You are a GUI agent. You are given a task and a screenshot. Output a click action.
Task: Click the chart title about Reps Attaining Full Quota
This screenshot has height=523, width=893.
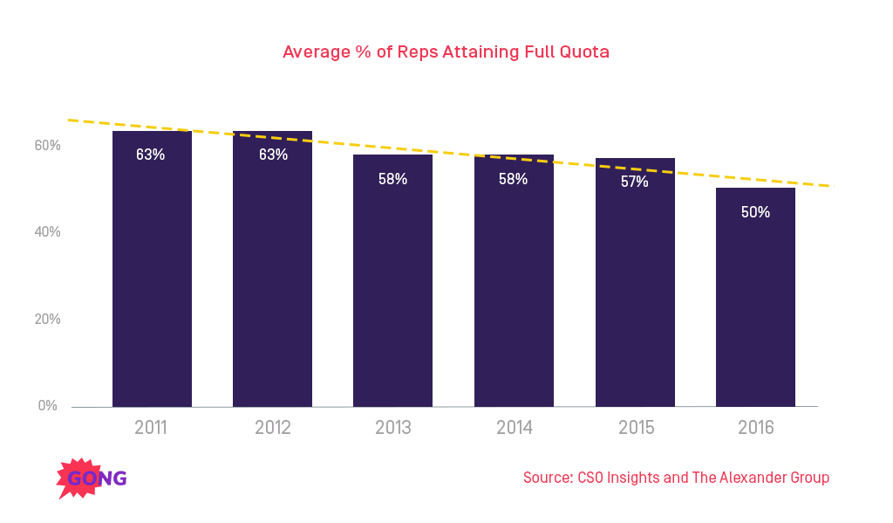(x=446, y=52)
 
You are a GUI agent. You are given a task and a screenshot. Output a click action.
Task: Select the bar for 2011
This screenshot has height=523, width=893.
(x=152, y=279)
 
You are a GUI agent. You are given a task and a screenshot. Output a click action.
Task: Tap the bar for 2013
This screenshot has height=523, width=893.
(x=392, y=288)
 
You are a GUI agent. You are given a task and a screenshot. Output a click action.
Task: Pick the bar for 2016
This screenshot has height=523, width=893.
(x=755, y=306)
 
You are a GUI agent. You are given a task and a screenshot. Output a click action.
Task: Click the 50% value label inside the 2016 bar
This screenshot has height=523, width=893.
(x=755, y=212)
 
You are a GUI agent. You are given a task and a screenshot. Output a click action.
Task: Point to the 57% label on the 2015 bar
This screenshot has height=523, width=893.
(x=634, y=182)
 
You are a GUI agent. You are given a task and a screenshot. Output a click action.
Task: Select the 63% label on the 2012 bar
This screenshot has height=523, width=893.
(x=272, y=155)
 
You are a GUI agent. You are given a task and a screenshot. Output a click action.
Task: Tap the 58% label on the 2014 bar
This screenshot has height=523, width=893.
(x=513, y=179)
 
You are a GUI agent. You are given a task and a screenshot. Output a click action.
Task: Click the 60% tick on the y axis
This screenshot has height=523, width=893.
(x=47, y=145)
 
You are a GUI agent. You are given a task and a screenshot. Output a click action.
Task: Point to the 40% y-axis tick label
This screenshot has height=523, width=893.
(x=47, y=232)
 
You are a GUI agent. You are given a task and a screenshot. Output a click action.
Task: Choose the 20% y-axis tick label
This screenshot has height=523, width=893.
(x=47, y=320)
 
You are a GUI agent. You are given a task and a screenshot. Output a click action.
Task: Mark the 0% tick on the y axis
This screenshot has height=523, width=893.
(x=47, y=406)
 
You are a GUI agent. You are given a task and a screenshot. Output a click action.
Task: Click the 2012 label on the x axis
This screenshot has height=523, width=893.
(x=272, y=429)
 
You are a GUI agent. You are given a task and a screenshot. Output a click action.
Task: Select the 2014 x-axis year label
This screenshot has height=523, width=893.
(x=514, y=429)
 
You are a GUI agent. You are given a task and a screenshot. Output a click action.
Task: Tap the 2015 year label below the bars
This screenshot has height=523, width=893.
(x=635, y=429)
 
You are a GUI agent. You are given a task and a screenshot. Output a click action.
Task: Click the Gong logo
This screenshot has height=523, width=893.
(x=92, y=478)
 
